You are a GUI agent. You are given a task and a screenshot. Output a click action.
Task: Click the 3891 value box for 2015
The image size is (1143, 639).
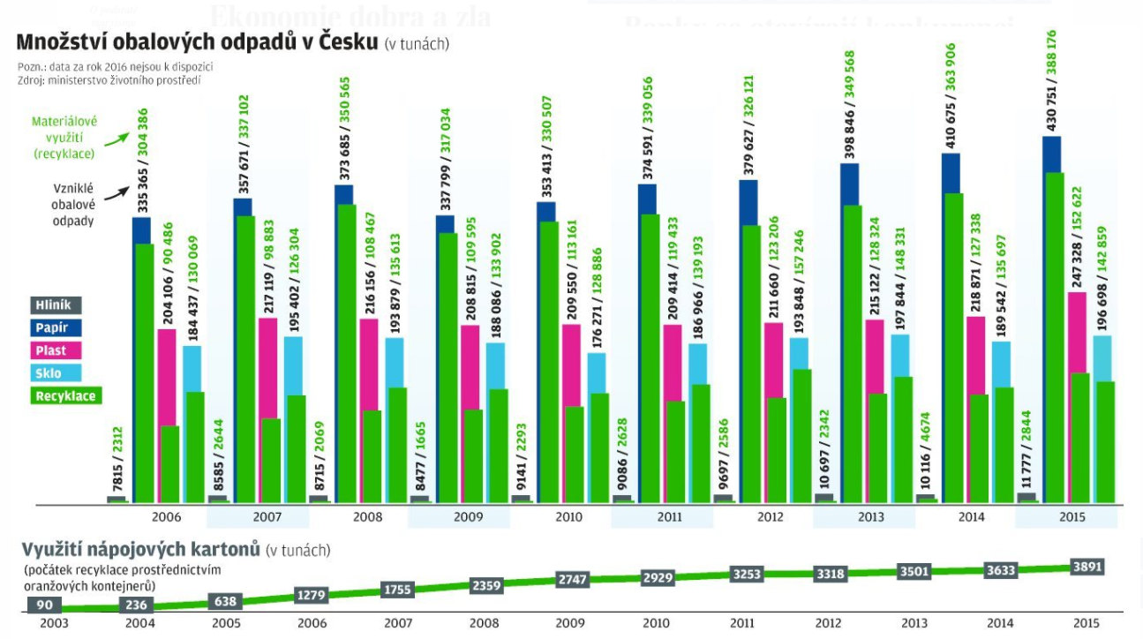click(x=1086, y=567)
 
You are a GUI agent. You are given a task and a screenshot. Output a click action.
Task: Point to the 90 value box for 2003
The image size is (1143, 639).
click(x=43, y=605)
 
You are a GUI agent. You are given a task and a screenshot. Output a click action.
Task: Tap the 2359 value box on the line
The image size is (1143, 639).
click(x=487, y=584)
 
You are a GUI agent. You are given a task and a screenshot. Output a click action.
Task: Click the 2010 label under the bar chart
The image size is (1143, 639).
click(x=570, y=517)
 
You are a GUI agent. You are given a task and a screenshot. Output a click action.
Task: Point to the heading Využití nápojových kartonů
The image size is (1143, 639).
click(x=141, y=550)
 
